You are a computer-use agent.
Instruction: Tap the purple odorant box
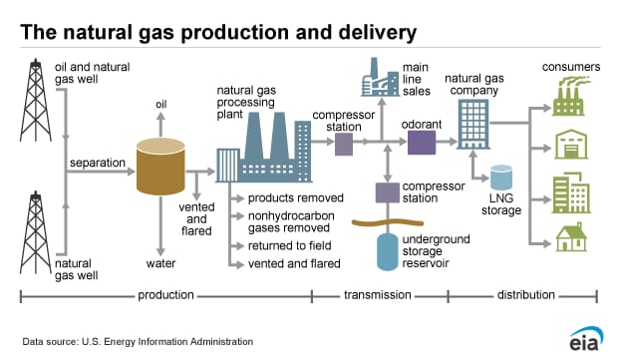(x=422, y=143)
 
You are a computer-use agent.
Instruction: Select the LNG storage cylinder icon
(x=500, y=180)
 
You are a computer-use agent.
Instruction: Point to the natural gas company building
(x=473, y=126)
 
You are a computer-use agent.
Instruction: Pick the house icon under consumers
(x=571, y=238)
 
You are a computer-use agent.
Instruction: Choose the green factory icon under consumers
(x=571, y=97)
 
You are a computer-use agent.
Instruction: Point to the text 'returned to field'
(x=291, y=244)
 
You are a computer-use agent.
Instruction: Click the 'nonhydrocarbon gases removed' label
(x=292, y=220)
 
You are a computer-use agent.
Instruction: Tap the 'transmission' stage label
(x=380, y=295)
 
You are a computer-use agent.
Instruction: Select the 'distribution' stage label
(x=523, y=295)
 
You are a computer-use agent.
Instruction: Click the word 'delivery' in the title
(x=378, y=33)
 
